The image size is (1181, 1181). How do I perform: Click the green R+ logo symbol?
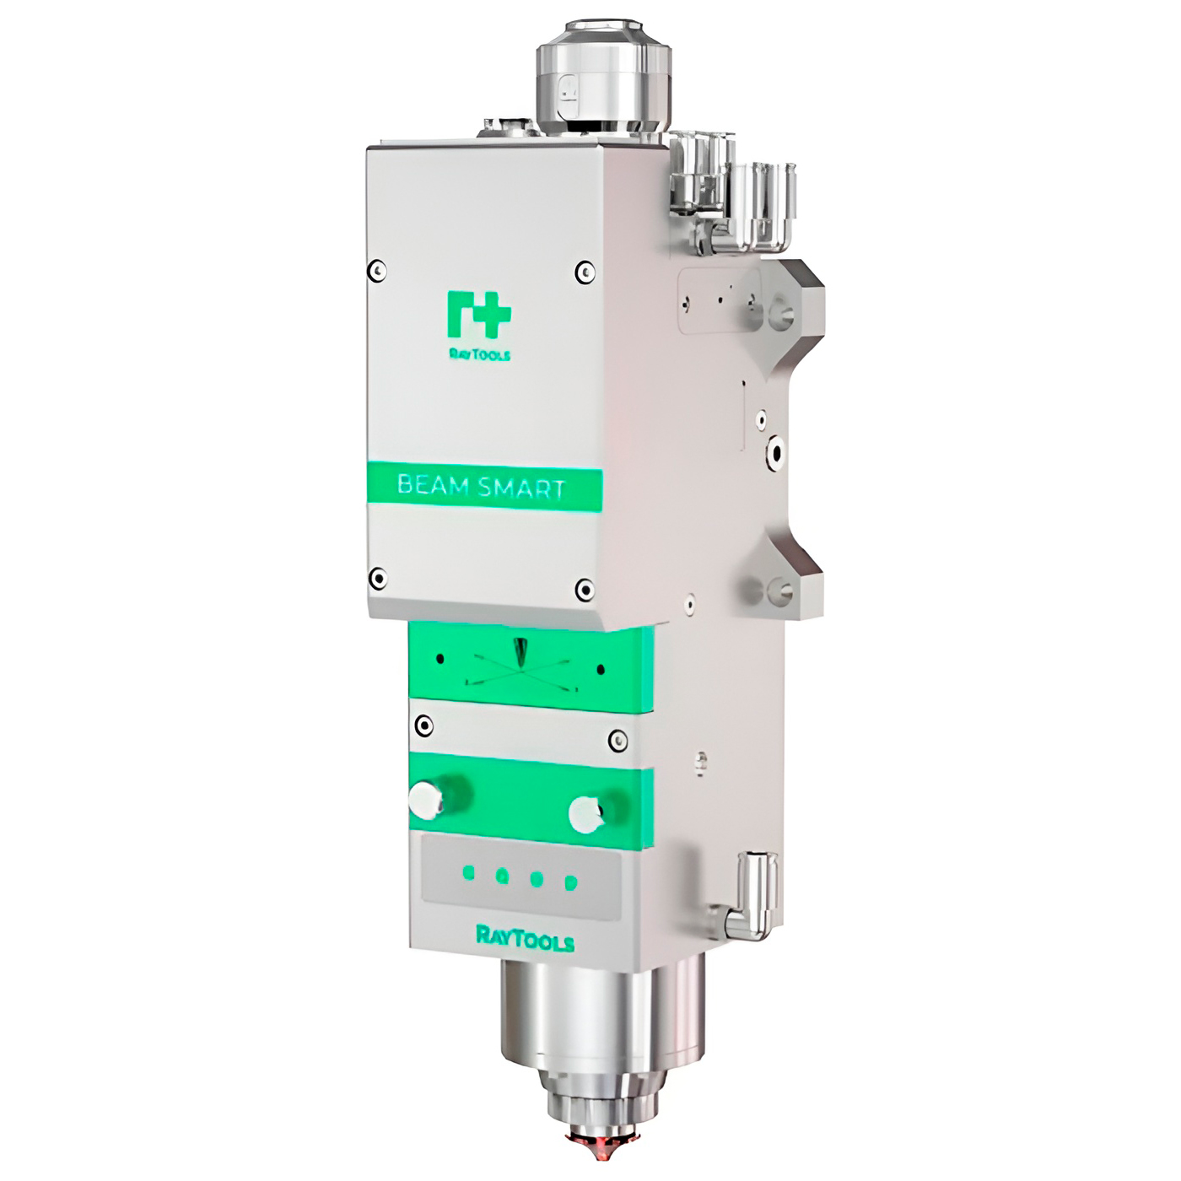tap(478, 315)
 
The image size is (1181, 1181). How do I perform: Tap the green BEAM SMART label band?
tap(484, 488)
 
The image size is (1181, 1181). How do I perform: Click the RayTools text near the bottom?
tap(526, 938)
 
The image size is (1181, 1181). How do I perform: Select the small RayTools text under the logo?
tap(478, 354)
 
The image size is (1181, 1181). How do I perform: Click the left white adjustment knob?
tap(426, 801)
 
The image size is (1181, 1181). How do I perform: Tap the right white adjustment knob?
tap(585, 815)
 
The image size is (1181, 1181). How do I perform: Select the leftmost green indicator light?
tap(470, 873)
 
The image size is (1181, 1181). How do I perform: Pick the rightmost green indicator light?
tap(571, 882)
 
